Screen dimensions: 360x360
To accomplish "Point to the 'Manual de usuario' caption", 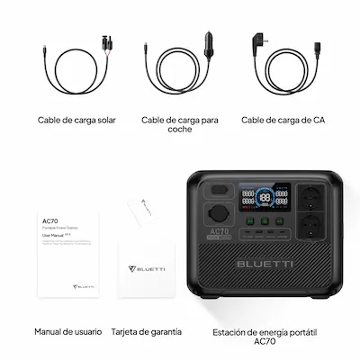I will pos(67,331).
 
